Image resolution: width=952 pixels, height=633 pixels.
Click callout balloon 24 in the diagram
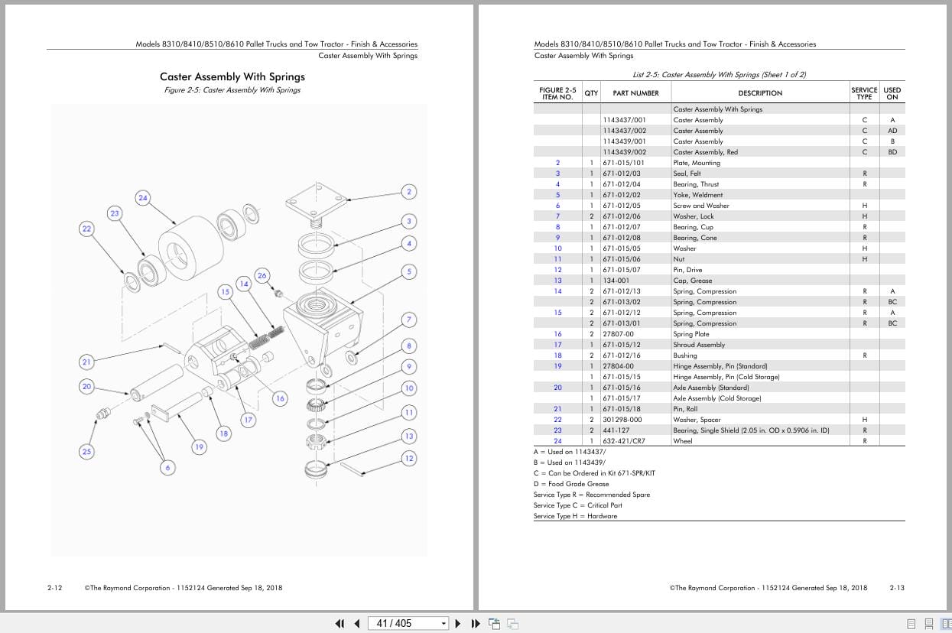143,198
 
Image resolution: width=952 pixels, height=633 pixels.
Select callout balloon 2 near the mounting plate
409,192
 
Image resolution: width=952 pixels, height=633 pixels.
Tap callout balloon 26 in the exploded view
262,275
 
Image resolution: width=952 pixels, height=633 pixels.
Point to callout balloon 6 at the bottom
167,467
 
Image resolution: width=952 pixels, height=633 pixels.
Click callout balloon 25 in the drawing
86,452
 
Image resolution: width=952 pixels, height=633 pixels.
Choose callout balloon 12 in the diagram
409,458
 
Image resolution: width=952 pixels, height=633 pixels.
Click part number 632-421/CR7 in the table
623,441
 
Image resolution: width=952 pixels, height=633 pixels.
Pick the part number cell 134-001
616,281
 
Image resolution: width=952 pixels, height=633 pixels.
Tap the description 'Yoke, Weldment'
697,195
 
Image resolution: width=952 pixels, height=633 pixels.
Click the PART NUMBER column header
635,93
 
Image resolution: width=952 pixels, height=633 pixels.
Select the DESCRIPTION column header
760,93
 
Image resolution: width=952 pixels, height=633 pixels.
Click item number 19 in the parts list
557,366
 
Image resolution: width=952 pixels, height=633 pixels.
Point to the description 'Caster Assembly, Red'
705,152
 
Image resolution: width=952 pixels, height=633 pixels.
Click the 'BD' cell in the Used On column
892,152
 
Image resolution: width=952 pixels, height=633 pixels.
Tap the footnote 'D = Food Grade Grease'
571,484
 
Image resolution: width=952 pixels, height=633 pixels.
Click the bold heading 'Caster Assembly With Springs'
232,76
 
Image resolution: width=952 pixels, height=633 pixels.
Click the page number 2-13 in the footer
896,588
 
